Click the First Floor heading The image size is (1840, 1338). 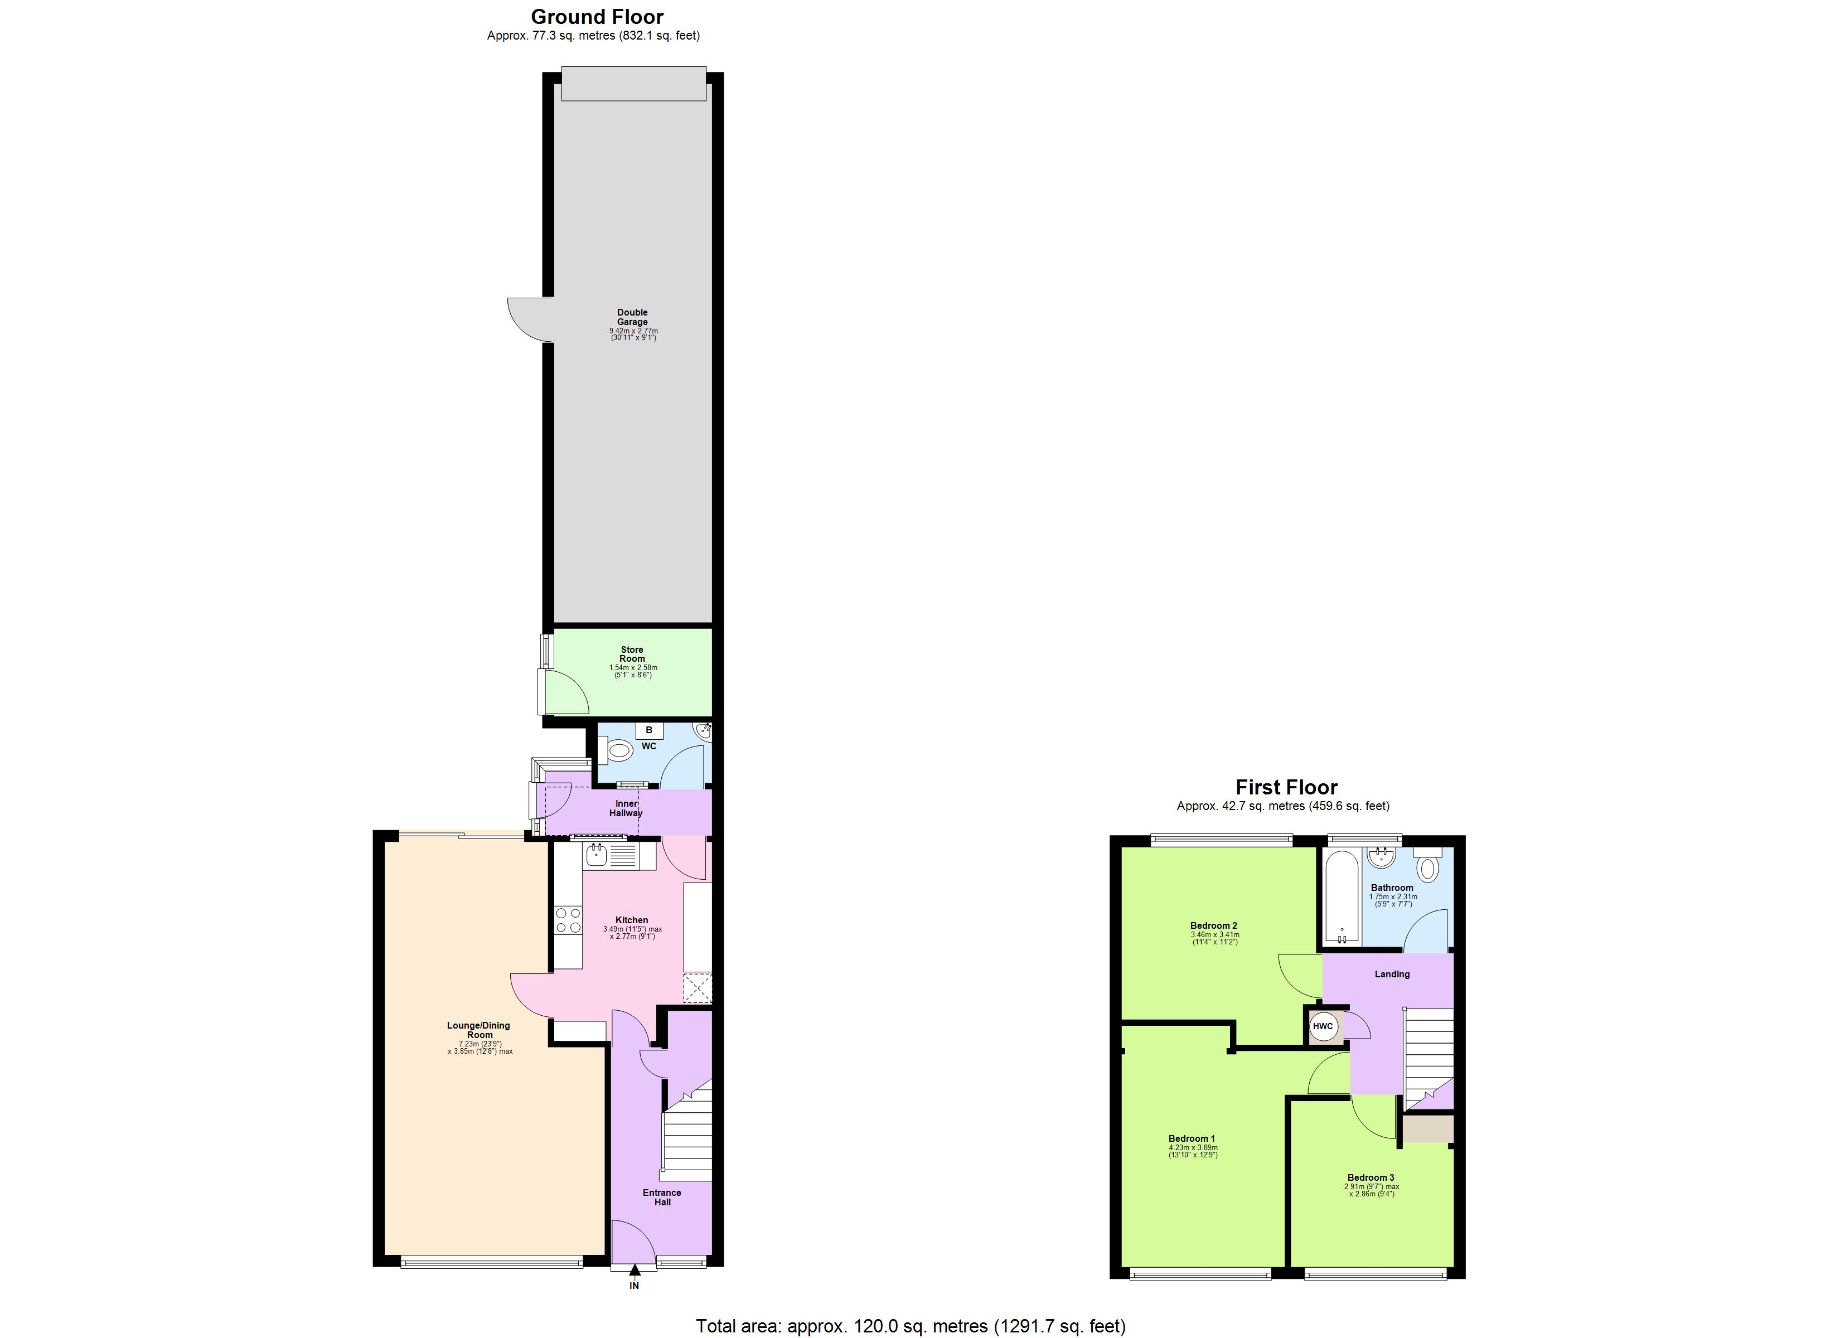click(1286, 787)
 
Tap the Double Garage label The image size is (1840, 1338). click(632, 317)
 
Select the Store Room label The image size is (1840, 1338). click(632, 654)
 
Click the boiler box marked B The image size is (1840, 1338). click(649, 730)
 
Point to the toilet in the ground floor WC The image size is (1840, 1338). click(618, 752)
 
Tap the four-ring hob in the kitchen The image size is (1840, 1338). click(568, 920)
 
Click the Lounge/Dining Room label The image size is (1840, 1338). click(478, 1030)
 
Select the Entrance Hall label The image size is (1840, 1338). click(662, 1198)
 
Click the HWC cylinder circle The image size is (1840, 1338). click(1323, 1026)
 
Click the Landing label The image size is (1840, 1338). click(1392, 975)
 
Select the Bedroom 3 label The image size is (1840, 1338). click(1371, 1177)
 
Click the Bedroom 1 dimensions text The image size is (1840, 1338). click(1193, 1151)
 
